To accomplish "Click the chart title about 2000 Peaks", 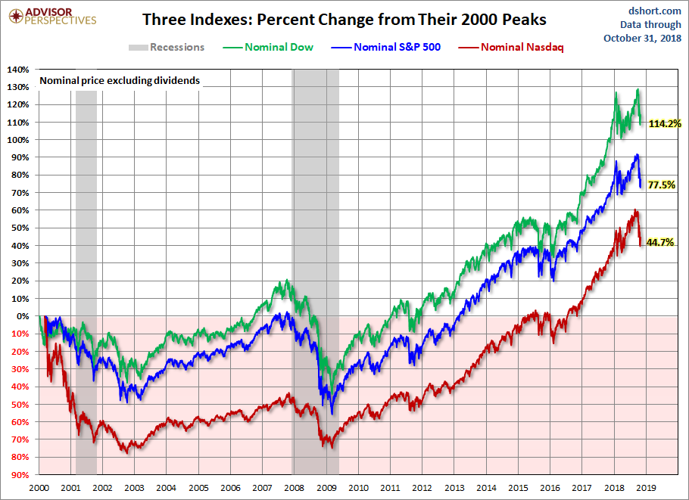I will (344, 19).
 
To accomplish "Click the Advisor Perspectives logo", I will (51, 16).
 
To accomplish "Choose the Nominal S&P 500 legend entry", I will (394, 48).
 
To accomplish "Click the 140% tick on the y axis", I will (18, 70).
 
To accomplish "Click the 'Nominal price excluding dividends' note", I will (120, 80).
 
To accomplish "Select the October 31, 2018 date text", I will (642, 37).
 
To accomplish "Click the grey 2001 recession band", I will (86, 280).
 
